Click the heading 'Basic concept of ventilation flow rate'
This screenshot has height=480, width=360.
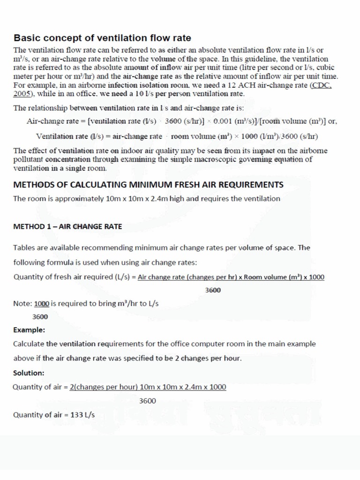click(x=102, y=37)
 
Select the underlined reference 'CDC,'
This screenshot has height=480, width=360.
click(x=323, y=85)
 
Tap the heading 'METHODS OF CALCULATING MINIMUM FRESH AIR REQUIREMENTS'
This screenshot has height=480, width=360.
click(x=148, y=184)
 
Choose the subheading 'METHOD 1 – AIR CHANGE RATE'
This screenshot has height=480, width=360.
click(x=67, y=226)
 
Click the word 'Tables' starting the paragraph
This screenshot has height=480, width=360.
click(x=24, y=247)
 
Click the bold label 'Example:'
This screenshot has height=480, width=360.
click(x=30, y=330)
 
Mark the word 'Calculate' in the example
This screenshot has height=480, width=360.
click(x=30, y=344)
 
